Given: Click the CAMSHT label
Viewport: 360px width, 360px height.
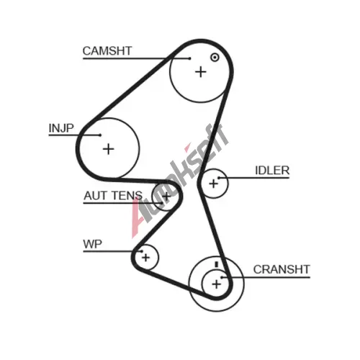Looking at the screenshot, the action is point(107,51).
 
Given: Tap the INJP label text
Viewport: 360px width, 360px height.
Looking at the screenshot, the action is point(61,128).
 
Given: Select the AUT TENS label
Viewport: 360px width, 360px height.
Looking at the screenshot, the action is point(113,196).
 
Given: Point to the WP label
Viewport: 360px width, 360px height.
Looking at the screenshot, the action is point(92,244).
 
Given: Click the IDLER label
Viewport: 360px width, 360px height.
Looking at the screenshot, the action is point(272,171).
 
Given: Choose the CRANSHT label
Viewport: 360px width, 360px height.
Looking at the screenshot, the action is point(282,269).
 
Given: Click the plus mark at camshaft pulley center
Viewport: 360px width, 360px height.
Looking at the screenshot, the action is point(201,72).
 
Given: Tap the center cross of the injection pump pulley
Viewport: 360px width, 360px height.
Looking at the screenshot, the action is point(108,149).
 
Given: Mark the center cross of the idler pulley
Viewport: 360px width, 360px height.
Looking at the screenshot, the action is point(213,184).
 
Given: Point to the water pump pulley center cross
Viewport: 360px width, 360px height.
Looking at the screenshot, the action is point(145,258).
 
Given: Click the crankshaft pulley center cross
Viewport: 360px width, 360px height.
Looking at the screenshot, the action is point(217,284).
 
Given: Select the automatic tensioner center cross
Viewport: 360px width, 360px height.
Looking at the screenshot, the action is point(166,196).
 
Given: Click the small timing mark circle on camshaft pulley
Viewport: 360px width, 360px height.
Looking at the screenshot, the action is point(215,58).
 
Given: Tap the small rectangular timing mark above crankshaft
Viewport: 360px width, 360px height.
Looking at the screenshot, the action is point(217,264).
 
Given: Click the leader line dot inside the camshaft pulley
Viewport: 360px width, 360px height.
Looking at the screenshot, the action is point(190,58).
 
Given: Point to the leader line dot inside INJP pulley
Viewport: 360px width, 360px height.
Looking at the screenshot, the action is point(100,135).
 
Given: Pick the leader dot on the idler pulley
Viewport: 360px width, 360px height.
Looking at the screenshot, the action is point(219,178).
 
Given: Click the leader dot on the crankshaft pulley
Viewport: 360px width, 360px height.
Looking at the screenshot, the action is point(222,277).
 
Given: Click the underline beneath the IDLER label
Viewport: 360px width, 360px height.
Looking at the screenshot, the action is point(254,178).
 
